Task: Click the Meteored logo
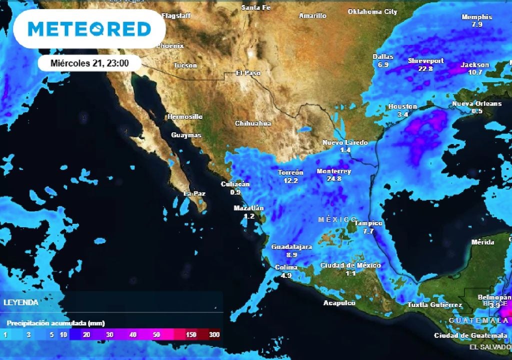[x=89, y=28]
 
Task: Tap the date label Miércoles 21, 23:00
[x=90, y=63]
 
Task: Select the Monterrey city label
[x=333, y=171]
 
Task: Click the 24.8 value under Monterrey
[x=333, y=178]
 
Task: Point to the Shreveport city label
[x=425, y=60]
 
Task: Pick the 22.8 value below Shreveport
[x=425, y=68]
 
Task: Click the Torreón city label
[x=290, y=172]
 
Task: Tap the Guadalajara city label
[x=291, y=247]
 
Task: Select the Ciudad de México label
[x=350, y=265]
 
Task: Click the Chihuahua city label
[x=253, y=123]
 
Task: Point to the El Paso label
[x=248, y=73]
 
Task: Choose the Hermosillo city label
[x=185, y=116]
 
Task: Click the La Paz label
[x=194, y=193]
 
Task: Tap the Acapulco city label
[x=339, y=303]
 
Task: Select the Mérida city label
[x=483, y=242]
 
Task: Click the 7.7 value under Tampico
[x=368, y=231]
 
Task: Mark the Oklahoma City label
[x=372, y=11]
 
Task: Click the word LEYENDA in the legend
[x=20, y=302]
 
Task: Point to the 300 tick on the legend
[x=214, y=334]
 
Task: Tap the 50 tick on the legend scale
[x=156, y=334]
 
